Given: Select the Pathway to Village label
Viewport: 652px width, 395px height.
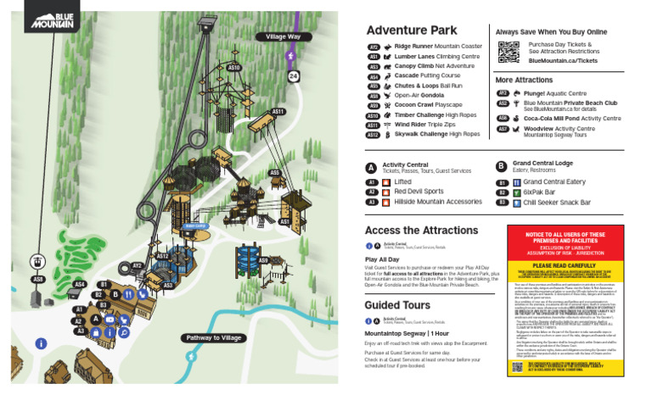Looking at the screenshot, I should pos(214,337).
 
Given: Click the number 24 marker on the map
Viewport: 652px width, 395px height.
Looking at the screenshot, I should pos(293,76).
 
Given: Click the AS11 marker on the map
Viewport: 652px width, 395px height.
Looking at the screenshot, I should pos(278,111).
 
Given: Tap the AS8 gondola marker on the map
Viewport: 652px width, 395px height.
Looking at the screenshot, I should pos(37,279).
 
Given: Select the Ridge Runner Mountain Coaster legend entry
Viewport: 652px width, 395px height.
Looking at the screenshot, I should pos(437,47).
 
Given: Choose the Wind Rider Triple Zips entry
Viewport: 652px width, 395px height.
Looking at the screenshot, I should pos(430,125).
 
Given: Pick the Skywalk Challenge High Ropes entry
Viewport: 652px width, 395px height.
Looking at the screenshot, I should pos(436,134).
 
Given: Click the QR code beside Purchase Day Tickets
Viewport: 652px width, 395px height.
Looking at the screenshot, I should pos(508,52).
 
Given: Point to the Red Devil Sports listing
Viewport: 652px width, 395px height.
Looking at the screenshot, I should pos(419,192).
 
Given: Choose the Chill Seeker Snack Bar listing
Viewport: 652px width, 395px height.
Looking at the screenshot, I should pos(556,203).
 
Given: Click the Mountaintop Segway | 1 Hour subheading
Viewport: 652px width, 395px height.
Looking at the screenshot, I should pos(407,335).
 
